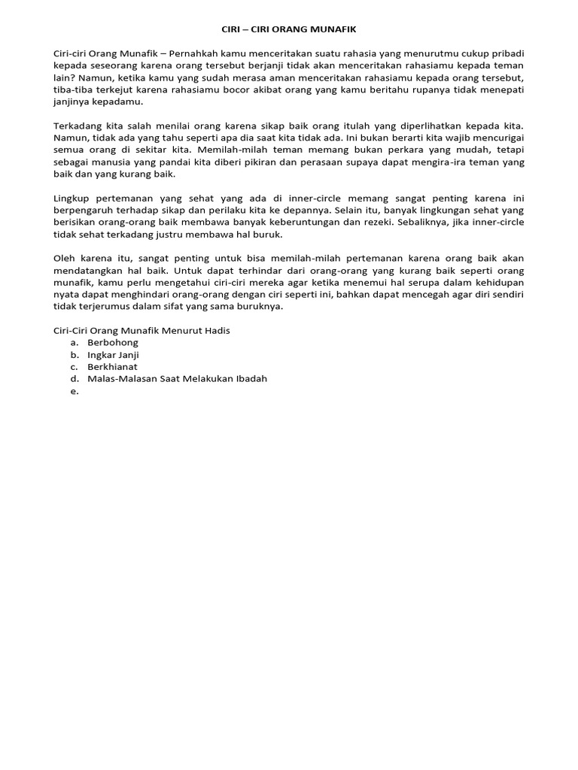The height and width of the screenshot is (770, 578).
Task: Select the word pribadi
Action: (507, 54)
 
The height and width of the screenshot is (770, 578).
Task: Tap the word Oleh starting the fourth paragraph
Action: (65, 259)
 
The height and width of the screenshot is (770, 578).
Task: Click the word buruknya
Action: (261, 307)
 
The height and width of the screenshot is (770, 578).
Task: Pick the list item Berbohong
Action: (113, 343)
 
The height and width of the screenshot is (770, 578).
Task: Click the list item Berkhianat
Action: (112, 367)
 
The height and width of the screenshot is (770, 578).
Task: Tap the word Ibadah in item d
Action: (251, 379)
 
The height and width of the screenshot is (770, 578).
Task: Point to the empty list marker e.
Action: (75, 391)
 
